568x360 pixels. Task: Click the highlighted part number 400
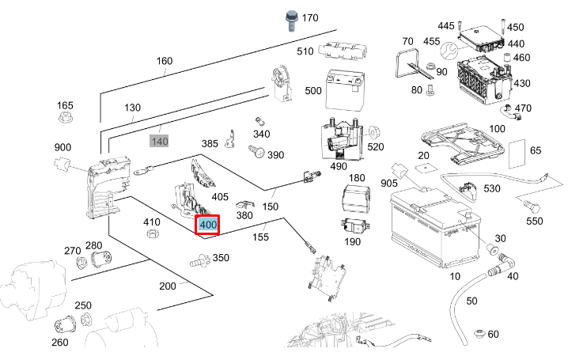208,225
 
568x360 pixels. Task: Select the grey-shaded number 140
160,142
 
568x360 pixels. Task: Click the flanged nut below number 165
65,119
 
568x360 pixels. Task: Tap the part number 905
389,184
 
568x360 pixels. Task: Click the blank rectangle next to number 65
515,155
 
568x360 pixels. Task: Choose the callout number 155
260,236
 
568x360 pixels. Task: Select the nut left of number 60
477,332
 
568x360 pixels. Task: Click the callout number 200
167,286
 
